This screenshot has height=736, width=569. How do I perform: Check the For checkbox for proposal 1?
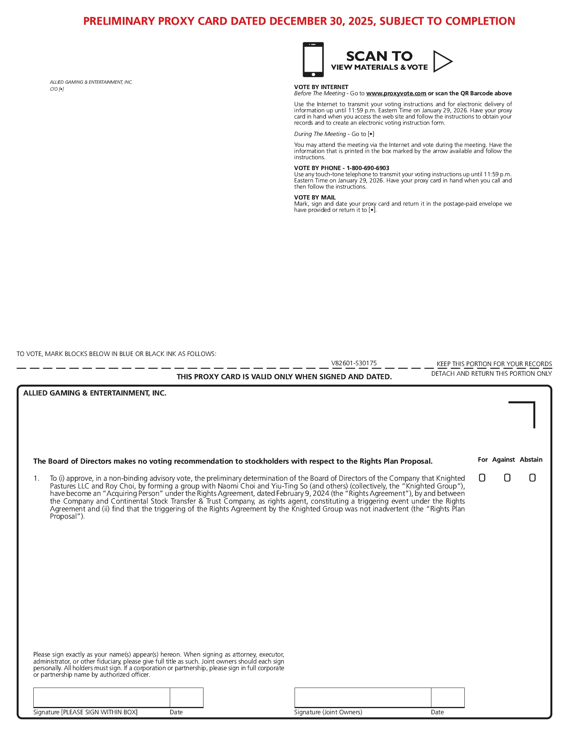[x=482, y=478]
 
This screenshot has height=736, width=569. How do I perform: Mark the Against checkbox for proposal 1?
[x=507, y=478]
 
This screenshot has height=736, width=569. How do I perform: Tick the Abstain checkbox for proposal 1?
[x=532, y=478]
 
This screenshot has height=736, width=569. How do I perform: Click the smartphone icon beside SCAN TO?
[x=313, y=60]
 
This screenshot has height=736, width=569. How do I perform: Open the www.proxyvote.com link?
[x=396, y=93]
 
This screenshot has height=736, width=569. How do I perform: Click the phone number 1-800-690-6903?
[x=368, y=168]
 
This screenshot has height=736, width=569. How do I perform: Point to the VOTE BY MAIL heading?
[x=315, y=198]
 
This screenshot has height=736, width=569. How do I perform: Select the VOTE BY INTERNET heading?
[x=321, y=87]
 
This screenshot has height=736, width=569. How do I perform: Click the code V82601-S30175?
[x=354, y=363]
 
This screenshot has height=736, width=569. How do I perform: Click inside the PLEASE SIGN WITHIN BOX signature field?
[x=102, y=697]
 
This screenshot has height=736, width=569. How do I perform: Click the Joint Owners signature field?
[x=362, y=697]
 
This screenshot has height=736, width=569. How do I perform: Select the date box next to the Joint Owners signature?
[x=448, y=697]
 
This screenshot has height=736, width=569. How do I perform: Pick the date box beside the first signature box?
[x=186, y=697]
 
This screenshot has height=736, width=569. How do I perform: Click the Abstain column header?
[x=531, y=459]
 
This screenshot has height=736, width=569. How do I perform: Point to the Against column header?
[x=503, y=459]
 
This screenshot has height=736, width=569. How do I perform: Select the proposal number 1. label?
[x=36, y=478]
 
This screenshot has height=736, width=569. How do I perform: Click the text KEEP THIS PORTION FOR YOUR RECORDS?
[x=494, y=364]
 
